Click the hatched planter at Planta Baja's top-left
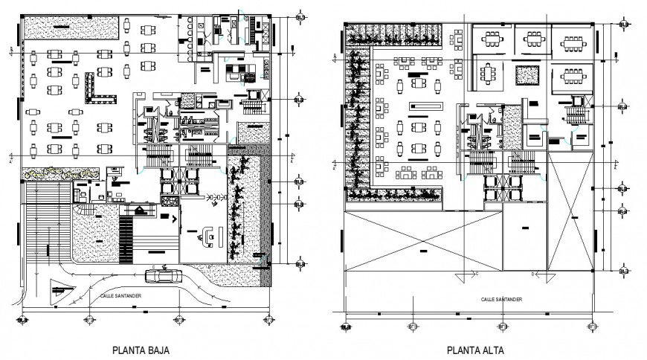tap(70, 29)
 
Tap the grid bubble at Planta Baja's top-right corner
tap(299, 16)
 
